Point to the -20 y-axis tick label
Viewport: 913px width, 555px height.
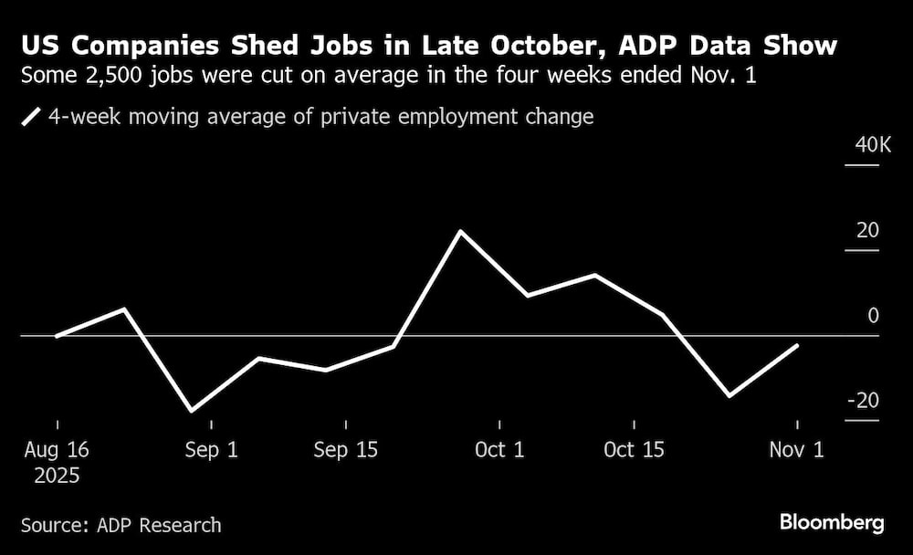(862, 401)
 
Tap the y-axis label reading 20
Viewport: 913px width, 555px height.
(867, 231)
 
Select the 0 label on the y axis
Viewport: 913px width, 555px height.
(873, 316)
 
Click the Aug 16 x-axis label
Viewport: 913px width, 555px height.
(57, 450)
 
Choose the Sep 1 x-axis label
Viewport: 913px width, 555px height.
(211, 450)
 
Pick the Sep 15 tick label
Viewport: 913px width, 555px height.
(346, 450)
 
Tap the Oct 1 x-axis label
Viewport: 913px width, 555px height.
(499, 450)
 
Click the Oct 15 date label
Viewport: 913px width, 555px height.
(634, 450)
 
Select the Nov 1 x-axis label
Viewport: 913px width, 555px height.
(797, 450)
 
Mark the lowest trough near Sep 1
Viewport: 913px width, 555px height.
(192, 411)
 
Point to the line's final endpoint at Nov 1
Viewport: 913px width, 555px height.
(798, 346)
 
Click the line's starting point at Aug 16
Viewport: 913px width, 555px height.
(57, 336)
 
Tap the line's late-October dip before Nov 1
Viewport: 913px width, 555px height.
(729, 396)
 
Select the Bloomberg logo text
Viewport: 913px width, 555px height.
(831, 523)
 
